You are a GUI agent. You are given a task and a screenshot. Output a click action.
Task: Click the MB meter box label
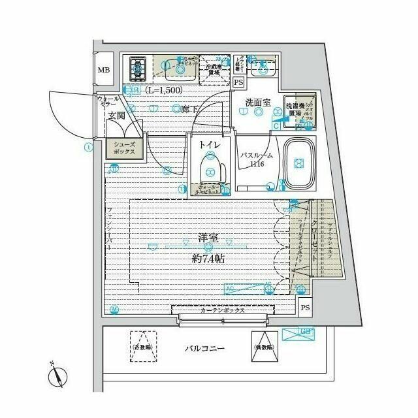[x=104, y=71]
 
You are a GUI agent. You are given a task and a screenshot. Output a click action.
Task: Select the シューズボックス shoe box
[x=124, y=148]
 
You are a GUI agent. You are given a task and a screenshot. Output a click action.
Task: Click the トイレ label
[x=209, y=144]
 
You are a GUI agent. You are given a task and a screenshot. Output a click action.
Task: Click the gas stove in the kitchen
[x=138, y=67]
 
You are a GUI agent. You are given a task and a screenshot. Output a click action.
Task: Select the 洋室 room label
[x=208, y=240]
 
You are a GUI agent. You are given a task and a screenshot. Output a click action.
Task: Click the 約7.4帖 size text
[x=208, y=259]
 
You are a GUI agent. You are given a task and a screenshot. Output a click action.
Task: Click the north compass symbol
[x=58, y=376]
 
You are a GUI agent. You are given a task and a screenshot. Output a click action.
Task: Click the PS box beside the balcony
[x=304, y=307]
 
